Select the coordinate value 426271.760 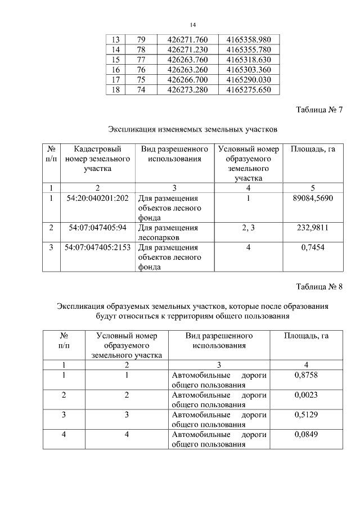click(x=188, y=39)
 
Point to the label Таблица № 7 click(x=319, y=109)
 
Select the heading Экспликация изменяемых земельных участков click(x=192, y=130)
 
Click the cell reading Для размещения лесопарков click(x=168, y=232)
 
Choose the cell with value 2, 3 click(x=248, y=228)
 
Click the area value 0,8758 click(x=306, y=375)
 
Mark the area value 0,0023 click(x=306, y=395)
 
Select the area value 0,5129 click(x=306, y=415)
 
